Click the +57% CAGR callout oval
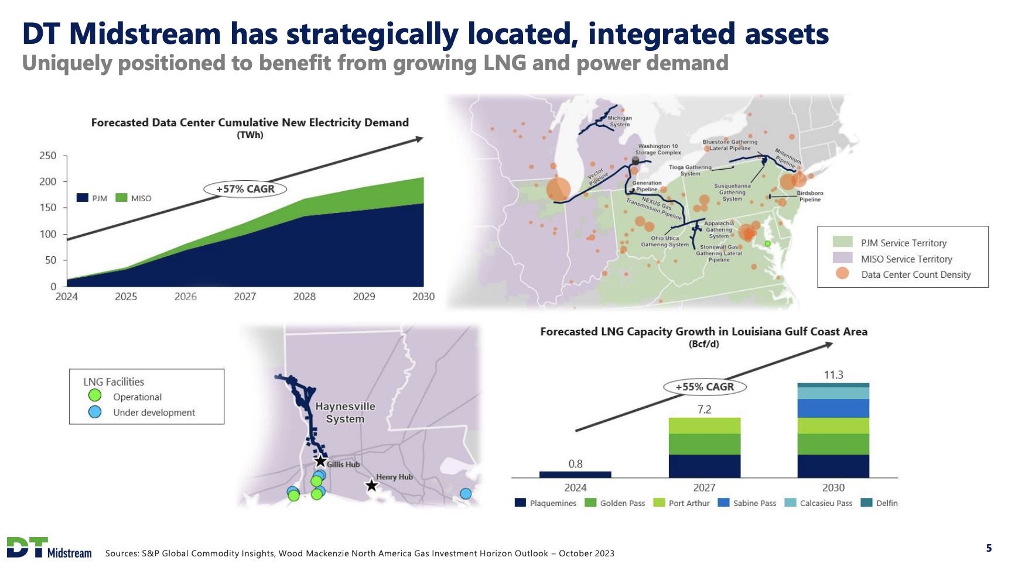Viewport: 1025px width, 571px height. [x=245, y=189]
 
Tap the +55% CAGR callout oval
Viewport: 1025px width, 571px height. [x=705, y=387]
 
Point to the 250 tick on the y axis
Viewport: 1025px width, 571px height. [x=48, y=156]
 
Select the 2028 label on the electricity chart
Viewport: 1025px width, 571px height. [x=305, y=297]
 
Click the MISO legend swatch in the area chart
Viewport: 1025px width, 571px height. [x=121, y=198]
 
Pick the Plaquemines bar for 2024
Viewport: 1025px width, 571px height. [x=575, y=474]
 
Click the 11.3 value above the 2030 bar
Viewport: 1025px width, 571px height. [x=833, y=374]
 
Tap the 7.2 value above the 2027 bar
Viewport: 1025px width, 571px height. [x=704, y=410]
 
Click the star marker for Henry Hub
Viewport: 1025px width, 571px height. [x=371, y=486]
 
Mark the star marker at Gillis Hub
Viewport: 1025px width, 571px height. [x=320, y=461]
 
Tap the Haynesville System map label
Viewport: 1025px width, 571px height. [x=345, y=412]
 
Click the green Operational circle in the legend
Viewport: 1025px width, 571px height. [x=95, y=396]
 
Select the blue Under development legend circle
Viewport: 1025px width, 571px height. [x=95, y=412]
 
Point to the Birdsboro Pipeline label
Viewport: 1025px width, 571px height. [x=809, y=196]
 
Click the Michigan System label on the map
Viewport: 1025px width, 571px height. [x=620, y=121]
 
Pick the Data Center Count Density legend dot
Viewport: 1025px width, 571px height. [x=842, y=274]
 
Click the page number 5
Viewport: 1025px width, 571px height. [x=989, y=548]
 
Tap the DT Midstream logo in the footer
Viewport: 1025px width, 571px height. [x=49, y=548]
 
